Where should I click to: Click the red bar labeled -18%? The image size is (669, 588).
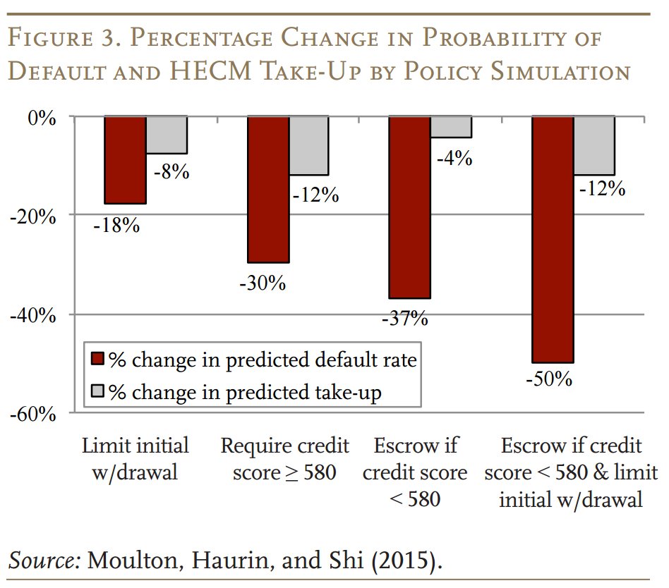[x=126, y=160]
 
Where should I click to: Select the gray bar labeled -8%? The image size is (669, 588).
[x=167, y=135]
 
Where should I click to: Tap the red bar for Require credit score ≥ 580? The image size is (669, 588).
[x=268, y=189]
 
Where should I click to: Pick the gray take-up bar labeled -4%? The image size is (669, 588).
[x=451, y=127]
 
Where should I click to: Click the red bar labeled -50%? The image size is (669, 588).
[x=553, y=239]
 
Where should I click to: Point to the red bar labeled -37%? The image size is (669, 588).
[x=410, y=207]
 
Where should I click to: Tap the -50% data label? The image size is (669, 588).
[x=549, y=379]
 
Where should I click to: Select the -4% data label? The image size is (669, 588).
[x=454, y=159]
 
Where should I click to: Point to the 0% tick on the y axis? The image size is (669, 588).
[x=43, y=118]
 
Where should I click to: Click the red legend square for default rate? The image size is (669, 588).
[x=98, y=360]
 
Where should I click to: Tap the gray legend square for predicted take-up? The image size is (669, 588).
[x=98, y=391]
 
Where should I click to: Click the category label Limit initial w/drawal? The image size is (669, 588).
[x=135, y=459]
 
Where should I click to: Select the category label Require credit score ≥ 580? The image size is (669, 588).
[x=285, y=459]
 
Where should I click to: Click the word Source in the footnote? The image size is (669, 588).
[x=43, y=561]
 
